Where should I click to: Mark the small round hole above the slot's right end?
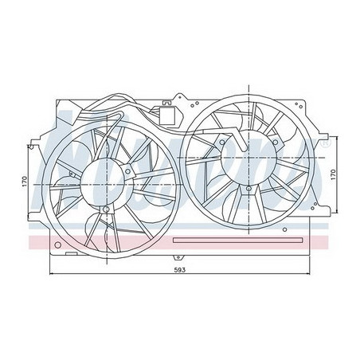pyautogui.click(x=296, y=225)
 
